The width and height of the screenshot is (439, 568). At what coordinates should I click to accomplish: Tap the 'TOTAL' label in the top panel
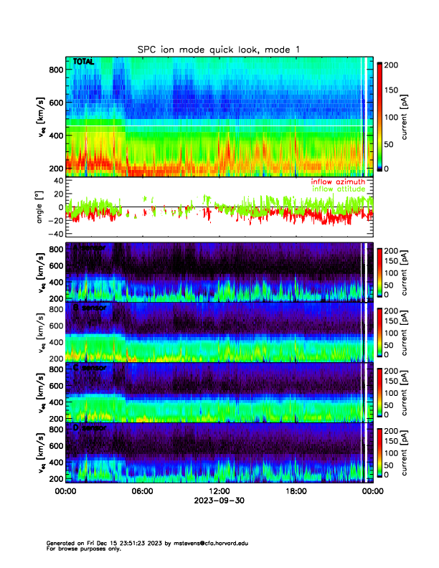(84, 62)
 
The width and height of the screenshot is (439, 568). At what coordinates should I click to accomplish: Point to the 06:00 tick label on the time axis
(142, 491)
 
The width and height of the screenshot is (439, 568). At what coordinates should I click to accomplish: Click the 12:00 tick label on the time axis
(219, 491)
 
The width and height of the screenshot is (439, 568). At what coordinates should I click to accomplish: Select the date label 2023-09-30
(219, 501)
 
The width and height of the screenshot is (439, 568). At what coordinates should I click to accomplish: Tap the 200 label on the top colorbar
(393, 65)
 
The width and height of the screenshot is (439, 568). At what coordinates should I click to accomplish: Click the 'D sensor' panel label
(89, 428)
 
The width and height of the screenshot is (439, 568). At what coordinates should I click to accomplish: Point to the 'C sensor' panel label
(89, 368)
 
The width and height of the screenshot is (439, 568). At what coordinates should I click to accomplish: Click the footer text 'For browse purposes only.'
(81, 549)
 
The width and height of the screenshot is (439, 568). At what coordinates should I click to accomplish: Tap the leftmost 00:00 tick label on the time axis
(65, 491)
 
